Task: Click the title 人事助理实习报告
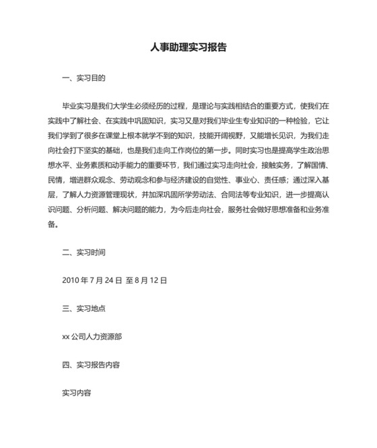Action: click(188, 49)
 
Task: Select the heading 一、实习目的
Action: click(83, 78)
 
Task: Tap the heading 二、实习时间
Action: click(83, 253)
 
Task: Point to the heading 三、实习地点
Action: click(83, 309)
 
